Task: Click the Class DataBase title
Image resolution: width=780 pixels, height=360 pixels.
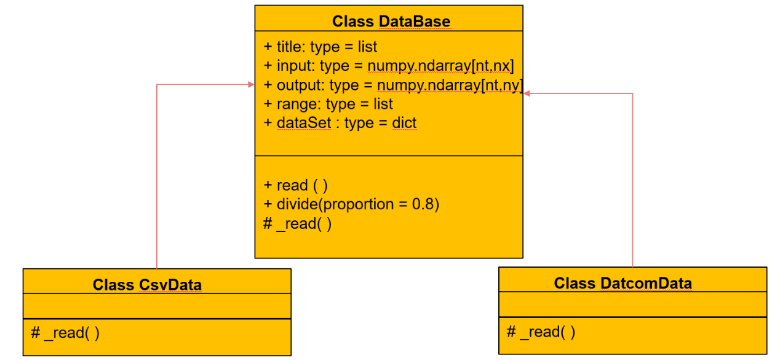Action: click(x=391, y=22)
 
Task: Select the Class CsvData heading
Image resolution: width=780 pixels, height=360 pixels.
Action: click(x=147, y=285)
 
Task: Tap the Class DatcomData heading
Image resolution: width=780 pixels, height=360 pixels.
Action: click(x=623, y=283)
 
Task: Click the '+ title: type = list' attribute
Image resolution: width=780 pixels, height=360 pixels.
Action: click(x=320, y=47)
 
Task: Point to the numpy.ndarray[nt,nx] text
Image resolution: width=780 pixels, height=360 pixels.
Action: click(x=440, y=66)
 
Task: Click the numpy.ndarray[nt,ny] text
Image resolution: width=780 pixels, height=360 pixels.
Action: click(x=450, y=85)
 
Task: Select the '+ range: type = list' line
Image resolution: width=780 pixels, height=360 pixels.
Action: click(x=328, y=104)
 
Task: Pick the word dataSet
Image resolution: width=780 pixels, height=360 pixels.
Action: click(x=304, y=122)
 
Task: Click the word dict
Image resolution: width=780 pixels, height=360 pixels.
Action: click(x=404, y=122)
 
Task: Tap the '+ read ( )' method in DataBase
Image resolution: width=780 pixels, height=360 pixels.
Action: click(x=296, y=185)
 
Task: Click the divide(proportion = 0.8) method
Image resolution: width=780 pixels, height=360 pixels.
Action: click(x=358, y=204)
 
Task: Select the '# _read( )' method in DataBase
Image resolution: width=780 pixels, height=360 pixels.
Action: click(x=297, y=224)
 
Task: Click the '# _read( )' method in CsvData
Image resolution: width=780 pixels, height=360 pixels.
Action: click(x=65, y=333)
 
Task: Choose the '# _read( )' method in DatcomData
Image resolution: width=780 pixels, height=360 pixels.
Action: click(x=541, y=332)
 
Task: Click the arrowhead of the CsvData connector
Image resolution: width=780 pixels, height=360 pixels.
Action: click(x=252, y=84)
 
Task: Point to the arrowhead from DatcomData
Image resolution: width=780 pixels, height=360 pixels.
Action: click(x=527, y=94)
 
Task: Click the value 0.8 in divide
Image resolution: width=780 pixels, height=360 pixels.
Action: click(x=423, y=204)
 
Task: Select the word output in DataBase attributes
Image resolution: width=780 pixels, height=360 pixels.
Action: click(x=300, y=85)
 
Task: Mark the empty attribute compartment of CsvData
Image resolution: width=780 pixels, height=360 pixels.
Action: click(x=157, y=306)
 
